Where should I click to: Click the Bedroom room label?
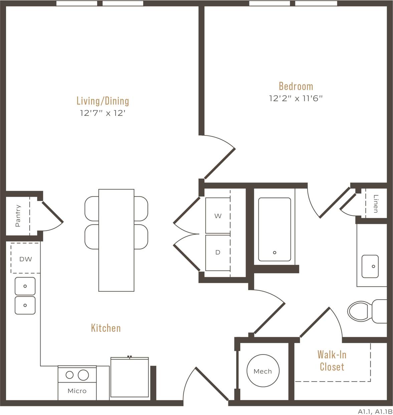(x=296, y=86)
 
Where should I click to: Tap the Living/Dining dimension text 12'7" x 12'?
(x=102, y=113)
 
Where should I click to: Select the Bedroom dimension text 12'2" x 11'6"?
(x=296, y=98)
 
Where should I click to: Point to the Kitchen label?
(x=106, y=328)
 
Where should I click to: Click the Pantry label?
(x=18, y=216)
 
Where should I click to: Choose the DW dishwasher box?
(x=25, y=259)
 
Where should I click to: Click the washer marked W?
(x=218, y=216)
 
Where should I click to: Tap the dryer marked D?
(x=218, y=252)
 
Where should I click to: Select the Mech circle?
(x=263, y=371)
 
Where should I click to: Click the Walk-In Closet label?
(x=332, y=360)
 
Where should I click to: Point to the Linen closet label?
(x=376, y=204)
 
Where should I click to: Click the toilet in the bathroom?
(x=361, y=311)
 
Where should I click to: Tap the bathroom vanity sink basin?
(x=370, y=267)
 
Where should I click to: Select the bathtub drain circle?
(x=274, y=252)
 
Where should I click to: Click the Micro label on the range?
(x=77, y=391)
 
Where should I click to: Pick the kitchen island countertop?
(x=116, y=240)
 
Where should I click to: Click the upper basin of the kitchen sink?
(x=25, y=286)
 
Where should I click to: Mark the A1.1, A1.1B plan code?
(x=375, y=411)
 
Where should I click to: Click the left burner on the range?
(x=69, y=375)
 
